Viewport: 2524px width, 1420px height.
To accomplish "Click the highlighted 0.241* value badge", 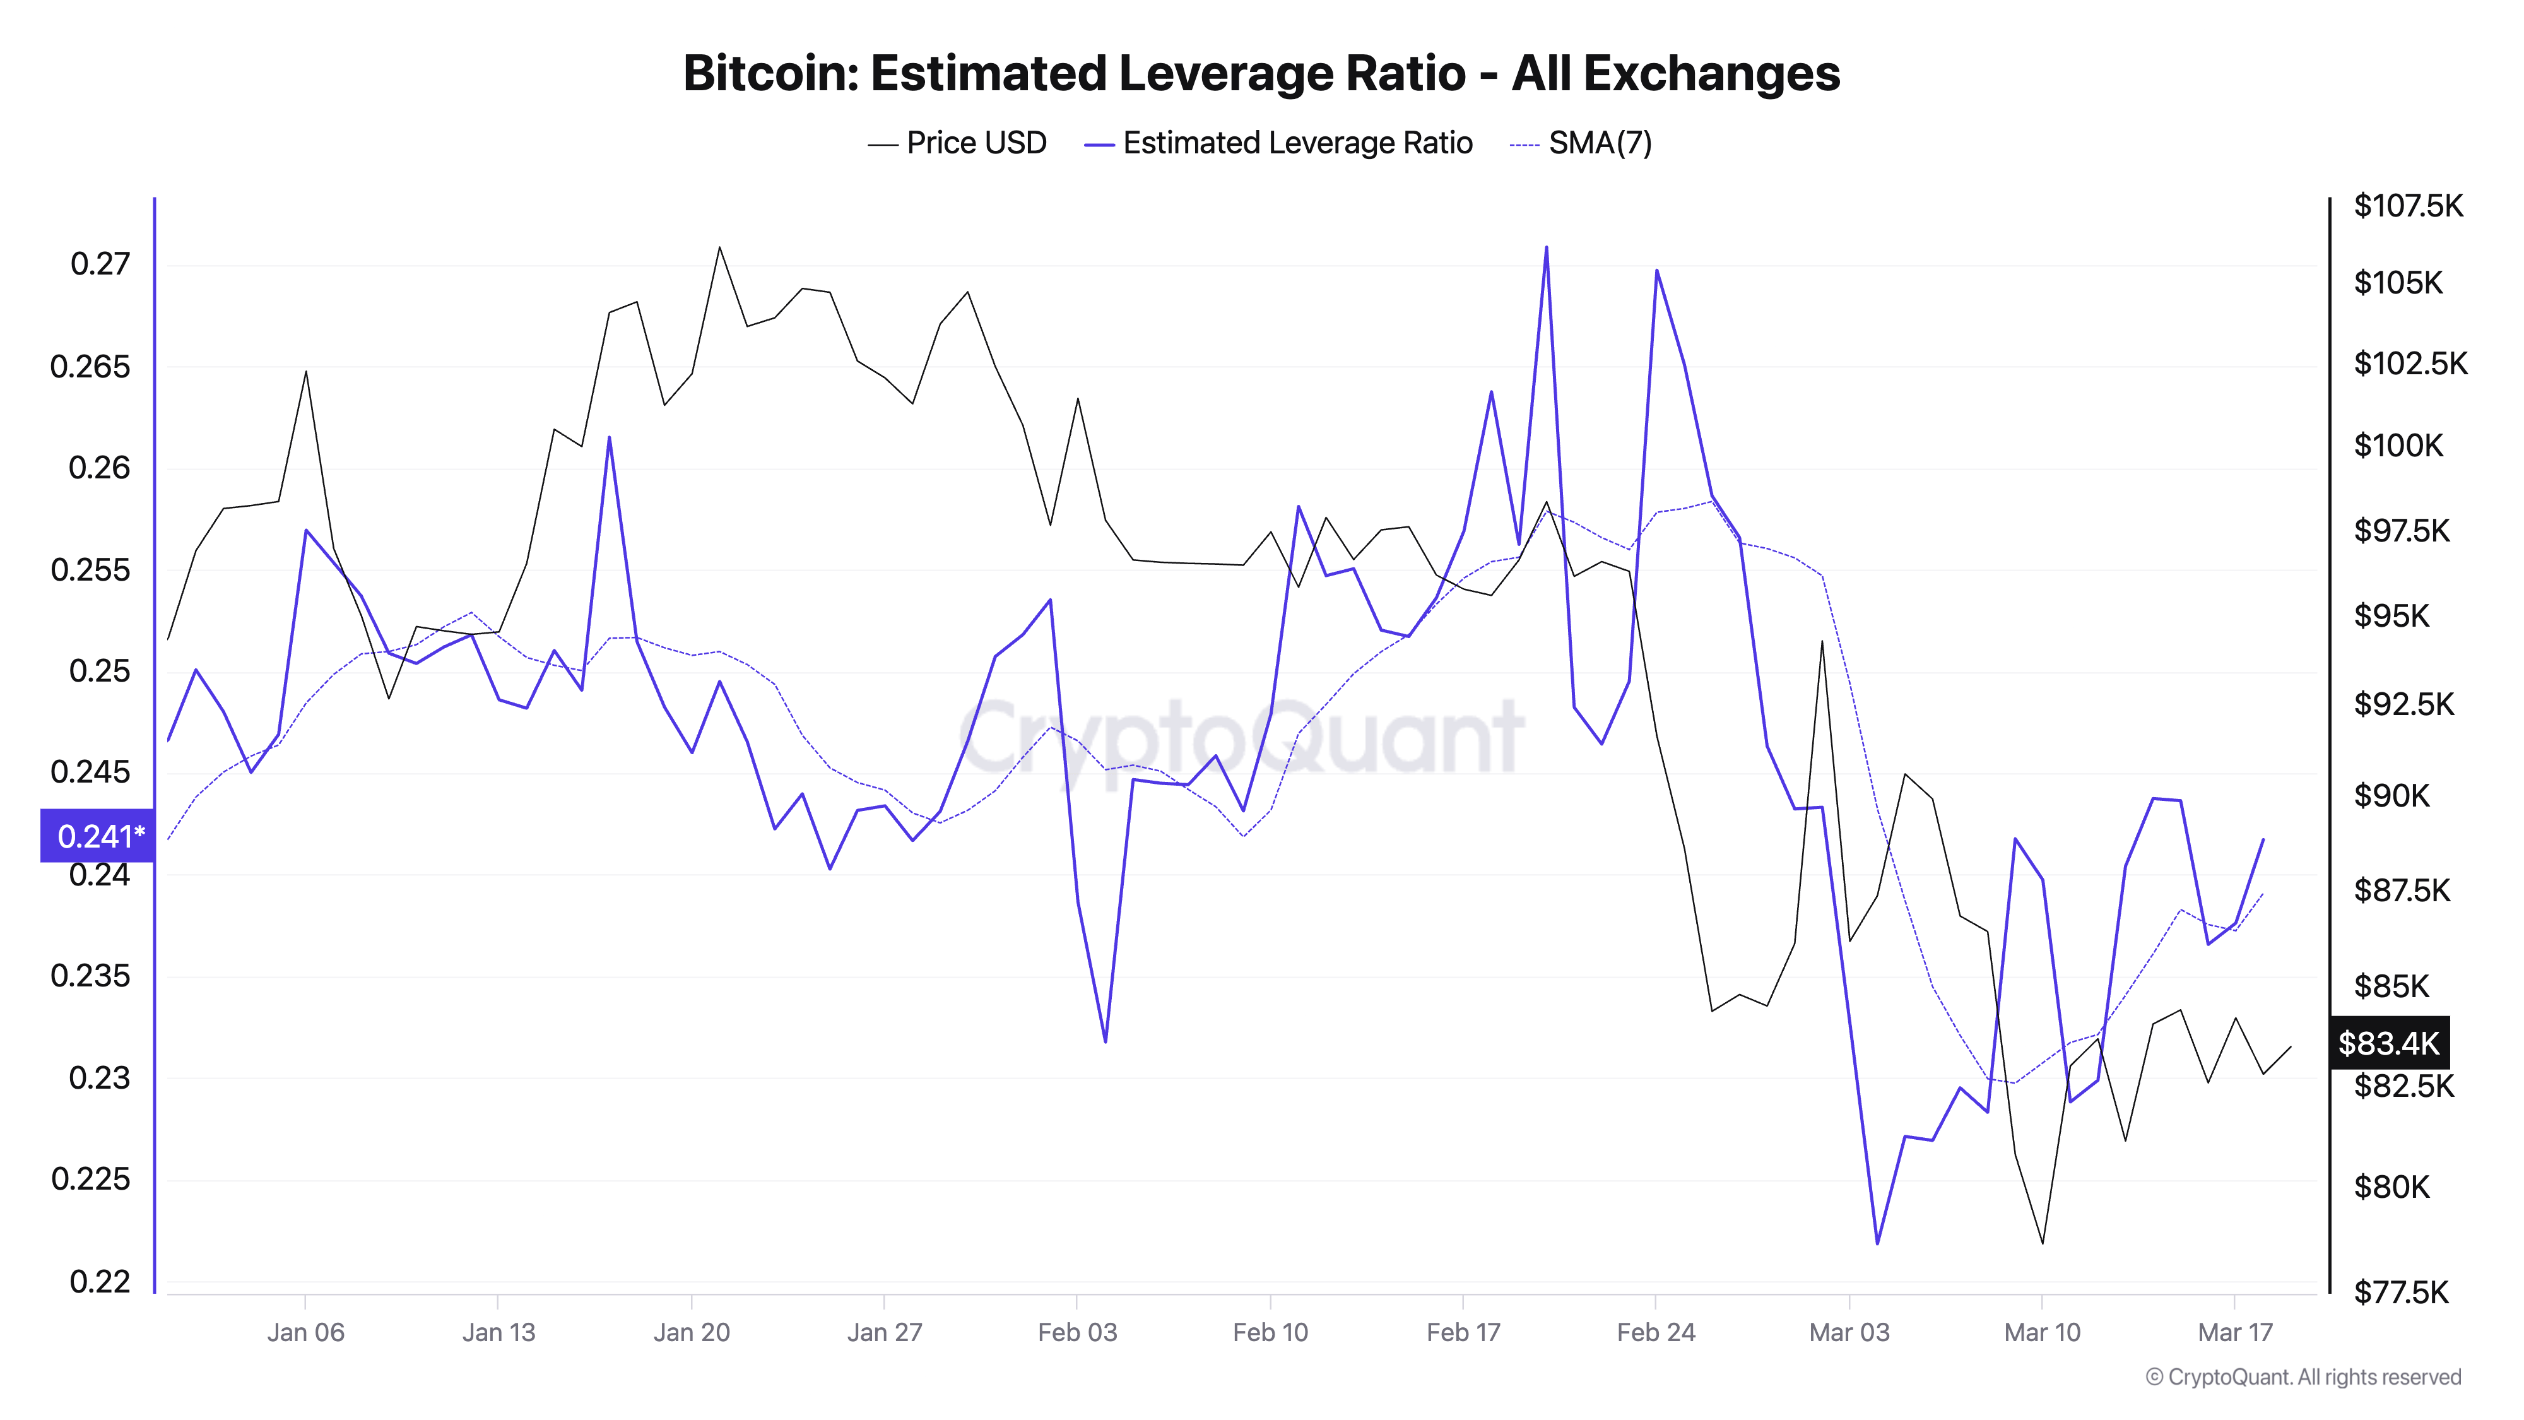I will tap(98, 836).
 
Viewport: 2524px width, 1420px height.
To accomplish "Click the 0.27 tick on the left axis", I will tap(100, 264).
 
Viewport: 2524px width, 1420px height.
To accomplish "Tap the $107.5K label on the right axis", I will tap(2407, 206).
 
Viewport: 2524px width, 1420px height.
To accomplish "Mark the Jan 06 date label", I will tap(305, 1332).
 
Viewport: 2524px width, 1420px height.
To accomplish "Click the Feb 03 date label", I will tap(1077, 1332).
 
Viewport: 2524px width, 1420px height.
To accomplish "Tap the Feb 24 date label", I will tap(1656, 1332).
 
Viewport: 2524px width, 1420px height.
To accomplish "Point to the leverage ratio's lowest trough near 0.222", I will tap(1877, 1243).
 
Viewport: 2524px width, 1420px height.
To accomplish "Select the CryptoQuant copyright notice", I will tap(2303, 1377).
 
